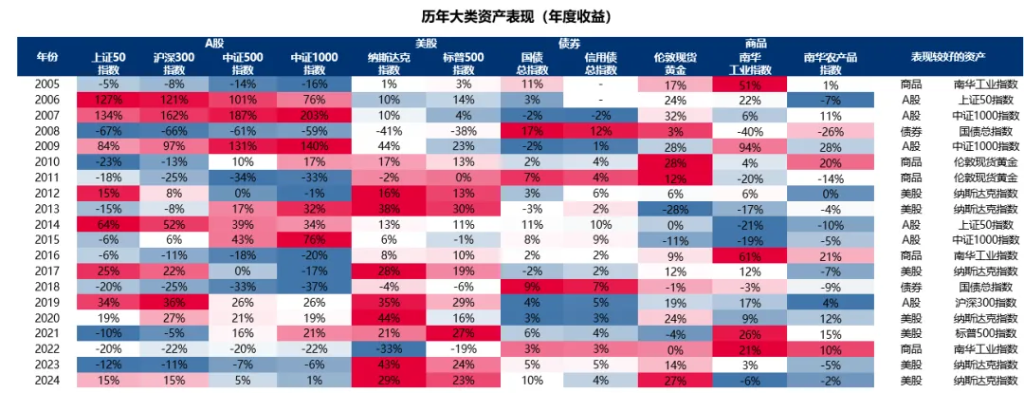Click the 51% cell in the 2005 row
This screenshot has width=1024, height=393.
coord(750,84)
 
